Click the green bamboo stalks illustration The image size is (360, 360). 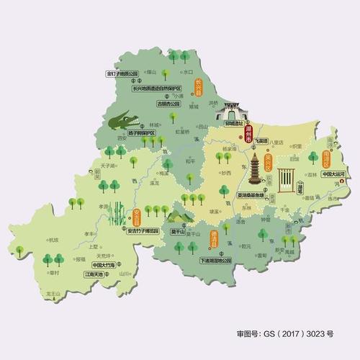click(x=115, y=214)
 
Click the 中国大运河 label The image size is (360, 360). click(x=334, y=174)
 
